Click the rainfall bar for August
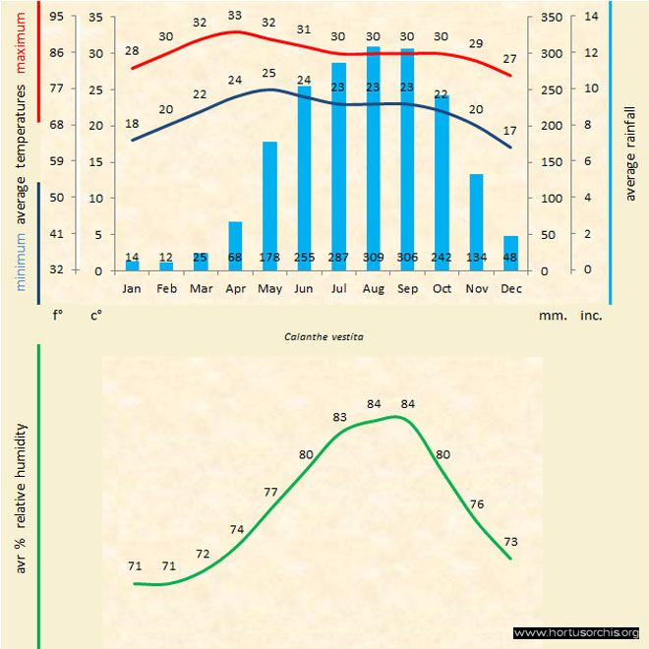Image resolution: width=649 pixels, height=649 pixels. (x=373, y=157)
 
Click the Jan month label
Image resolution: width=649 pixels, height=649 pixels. (x=132, y=289)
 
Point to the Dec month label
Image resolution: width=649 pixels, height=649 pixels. (x=510, y=289)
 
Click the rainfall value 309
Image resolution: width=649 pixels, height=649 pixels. (x=373, y=258)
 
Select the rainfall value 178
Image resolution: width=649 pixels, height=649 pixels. (x=269, y=258)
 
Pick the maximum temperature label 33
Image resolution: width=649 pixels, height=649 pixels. (x=235, y=16)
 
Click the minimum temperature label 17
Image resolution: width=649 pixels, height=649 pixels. (x=510, y=130)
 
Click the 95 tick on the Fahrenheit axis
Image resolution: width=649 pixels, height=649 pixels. (x=57, y=17)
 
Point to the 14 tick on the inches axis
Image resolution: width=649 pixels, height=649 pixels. (x=591, y=17)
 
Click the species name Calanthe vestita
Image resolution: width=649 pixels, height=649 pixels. (x=324, y=336)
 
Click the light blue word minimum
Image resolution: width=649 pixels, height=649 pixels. (x=23, y=262)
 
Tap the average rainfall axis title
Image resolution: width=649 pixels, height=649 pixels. (x=630, y=152)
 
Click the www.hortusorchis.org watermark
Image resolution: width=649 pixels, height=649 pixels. (x=576, y=632)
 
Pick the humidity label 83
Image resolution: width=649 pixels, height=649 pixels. (x=340, y=417)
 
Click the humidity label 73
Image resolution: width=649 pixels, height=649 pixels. (x=510, y=542)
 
